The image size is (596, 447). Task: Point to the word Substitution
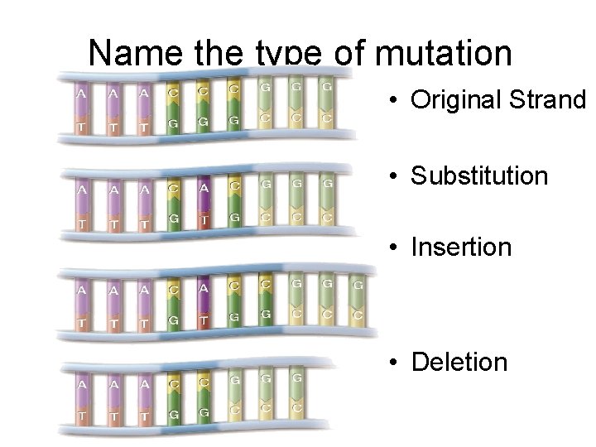[479, 175]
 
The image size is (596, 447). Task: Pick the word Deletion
[459, 361]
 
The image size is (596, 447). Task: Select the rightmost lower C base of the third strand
[358, 315]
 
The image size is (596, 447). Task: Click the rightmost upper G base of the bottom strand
[296, 379]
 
